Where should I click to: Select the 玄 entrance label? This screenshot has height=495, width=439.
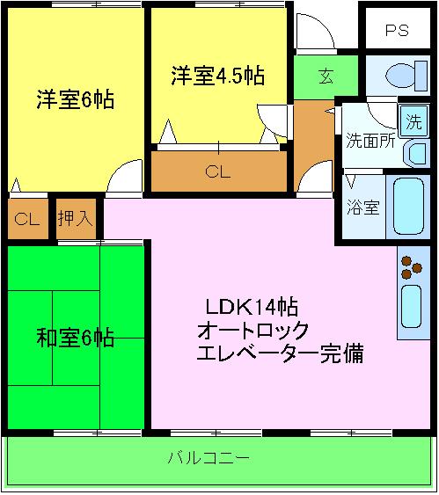click(326, 76)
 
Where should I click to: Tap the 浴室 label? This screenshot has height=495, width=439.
click(362, 208)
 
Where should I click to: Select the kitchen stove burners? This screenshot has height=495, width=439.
click(409, 267)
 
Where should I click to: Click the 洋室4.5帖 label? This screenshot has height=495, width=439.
click(217, 75)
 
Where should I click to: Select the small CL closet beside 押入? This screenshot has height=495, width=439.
click(26, 218)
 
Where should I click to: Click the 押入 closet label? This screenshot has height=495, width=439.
click(75, 218)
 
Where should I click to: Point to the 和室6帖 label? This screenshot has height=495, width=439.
click(76, 337)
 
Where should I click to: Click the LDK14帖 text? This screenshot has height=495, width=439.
click(251, 307)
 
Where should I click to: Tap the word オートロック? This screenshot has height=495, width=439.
click(252, 331)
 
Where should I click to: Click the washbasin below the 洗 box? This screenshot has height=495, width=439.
click(412, 151)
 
